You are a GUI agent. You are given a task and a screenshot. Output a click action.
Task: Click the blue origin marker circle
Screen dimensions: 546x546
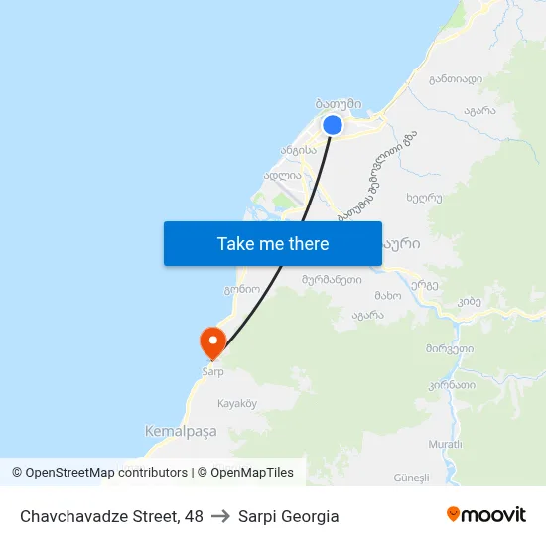click(x=333, y=125)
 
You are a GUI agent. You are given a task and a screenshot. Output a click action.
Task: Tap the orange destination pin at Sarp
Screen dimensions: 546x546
click(x=212, y=343)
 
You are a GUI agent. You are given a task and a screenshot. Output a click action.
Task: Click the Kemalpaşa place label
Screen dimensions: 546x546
click(x=180, y=432)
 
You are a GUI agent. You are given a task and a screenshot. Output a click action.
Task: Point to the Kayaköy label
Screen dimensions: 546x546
click(x=237, y=404)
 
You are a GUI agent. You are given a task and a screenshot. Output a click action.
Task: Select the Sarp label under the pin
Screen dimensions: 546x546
click(x=212, y=372)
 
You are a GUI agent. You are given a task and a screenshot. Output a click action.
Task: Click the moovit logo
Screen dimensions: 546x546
click(x=486, y=515)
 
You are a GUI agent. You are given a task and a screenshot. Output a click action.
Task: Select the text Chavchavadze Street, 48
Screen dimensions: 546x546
click(x=111, y=516)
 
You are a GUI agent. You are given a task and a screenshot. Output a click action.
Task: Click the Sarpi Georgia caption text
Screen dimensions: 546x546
click(x=289, y=516)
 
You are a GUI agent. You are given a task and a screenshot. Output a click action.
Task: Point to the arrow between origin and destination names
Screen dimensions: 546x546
click(x=220, y=516)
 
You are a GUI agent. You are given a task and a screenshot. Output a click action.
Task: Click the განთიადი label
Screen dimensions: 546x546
click(x=456, y=79)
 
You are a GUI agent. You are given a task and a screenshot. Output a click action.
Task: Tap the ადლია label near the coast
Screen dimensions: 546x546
click(x=282, y=175)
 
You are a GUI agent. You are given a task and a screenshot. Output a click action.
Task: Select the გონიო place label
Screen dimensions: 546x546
click(x=241, y=290)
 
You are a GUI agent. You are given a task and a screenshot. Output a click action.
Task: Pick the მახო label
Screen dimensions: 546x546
click(x=388, y=296)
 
